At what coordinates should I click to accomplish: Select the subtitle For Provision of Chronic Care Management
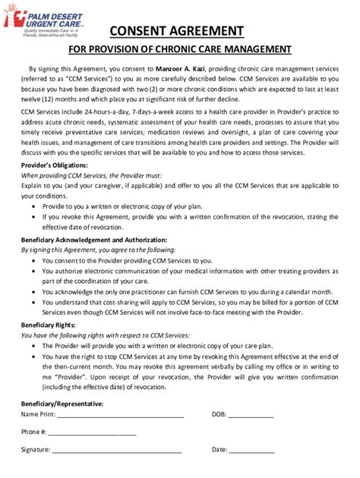pos(180,49)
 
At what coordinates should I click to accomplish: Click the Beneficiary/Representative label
pos(62,403)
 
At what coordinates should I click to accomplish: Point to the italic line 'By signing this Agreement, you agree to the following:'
pos(98,249)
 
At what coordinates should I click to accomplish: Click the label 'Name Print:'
pos(38,414)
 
